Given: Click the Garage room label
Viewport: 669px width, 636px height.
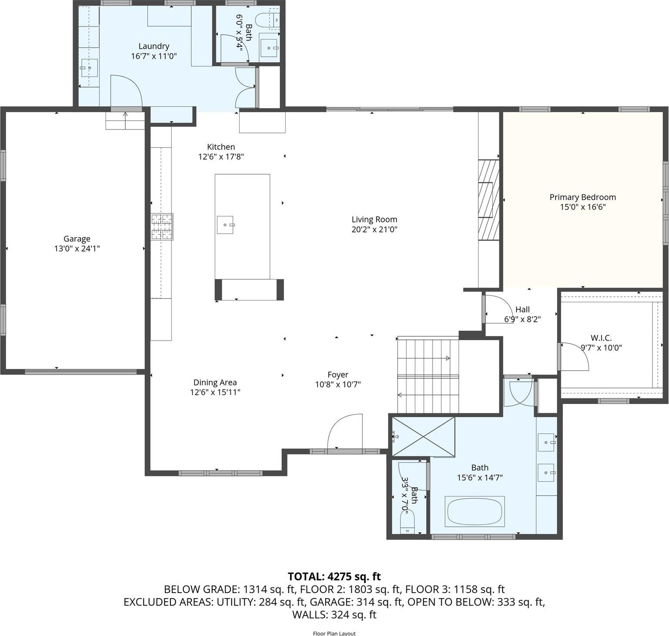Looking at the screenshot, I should coord(77,238).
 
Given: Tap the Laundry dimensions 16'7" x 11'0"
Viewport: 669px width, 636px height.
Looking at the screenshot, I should coord(154,56).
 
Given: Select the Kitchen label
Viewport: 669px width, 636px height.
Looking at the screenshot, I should coord(221,147).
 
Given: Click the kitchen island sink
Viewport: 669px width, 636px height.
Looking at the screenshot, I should coord(225,225).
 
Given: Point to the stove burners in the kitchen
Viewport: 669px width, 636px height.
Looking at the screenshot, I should coord(162,227).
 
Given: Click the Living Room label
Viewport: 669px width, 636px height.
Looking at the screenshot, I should coord(374,219).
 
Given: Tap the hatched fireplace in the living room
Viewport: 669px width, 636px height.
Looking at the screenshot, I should coord(489,200).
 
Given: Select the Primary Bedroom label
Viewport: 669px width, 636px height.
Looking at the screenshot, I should coord(582,197).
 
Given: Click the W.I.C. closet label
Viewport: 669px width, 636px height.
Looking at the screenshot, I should coord(601,338).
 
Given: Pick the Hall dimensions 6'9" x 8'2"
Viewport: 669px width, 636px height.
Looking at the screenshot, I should coord(522,319).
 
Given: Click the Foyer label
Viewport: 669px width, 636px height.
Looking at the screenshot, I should coord(338,374).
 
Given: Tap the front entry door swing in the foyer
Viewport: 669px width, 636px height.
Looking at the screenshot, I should coord(345,432).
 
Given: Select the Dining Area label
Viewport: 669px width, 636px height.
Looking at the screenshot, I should coord(215,382).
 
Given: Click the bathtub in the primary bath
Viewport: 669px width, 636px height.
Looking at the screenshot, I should coord(475,512).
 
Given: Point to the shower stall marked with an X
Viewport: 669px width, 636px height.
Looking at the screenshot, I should coord(423,437).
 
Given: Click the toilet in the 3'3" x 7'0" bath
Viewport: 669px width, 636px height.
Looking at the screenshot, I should coord(407,521).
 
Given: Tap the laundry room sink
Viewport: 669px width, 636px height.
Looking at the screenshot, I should coord(89,68).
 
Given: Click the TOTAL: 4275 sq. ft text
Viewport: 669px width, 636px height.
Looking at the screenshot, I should coord(334,576).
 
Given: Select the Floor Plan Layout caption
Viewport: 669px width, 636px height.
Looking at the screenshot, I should coord(334,633).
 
